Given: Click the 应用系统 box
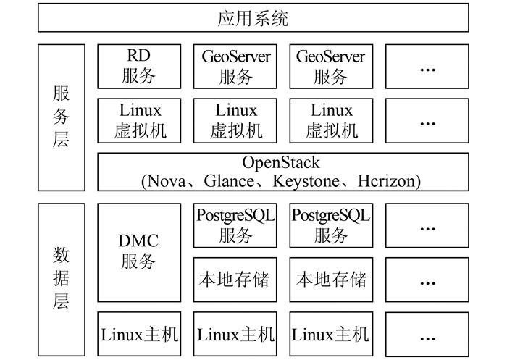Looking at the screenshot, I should (x=253, y=18).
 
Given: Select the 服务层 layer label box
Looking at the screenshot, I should (x=61, y=117).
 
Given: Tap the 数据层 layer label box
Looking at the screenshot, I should (x=61, y=279).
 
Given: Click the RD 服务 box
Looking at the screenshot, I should (x=138, y=66).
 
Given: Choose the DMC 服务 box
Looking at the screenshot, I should (x=138, y=251).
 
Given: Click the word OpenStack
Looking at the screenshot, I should (x=282, y=162).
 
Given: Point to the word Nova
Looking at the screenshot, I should (x=167, y=180).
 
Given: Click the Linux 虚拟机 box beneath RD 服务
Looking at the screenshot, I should (x=138, y=120).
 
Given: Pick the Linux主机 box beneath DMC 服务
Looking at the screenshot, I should (x=138, y=334).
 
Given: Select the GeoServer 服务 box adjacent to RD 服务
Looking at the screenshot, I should (x=235, y=66).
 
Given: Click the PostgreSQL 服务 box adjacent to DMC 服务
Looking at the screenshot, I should (x=235, y=225).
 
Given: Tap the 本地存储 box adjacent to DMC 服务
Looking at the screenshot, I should (x=235, y=280).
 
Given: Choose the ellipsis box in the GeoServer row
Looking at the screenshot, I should (x=427, y=66).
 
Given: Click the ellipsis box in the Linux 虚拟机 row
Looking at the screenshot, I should (x=427, y=120).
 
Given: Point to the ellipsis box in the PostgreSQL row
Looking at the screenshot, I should (x=427, y=225).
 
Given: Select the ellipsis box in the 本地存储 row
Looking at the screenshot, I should (x=427, y=280).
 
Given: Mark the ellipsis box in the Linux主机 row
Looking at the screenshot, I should (x=427, y=334).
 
